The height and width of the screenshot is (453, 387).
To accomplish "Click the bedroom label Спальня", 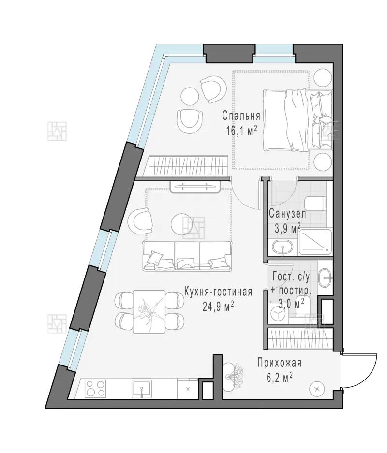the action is pyautogui.click(x=241, y=116).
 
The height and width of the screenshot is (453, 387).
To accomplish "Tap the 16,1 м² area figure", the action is pyautogui.click(x=241, y=131).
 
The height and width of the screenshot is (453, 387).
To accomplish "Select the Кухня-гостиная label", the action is pyautogui.click(x=218, y=292).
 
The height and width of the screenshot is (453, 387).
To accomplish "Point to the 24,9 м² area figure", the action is pyautogui.click(x=218, y=306).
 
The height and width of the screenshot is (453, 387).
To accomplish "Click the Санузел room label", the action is pyautogui.click(x=287, y=214).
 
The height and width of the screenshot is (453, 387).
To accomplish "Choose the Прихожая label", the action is pyautogui.click(x=280, y=363).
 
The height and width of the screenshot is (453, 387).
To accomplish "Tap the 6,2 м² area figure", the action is pyautogui.click(x=279, y=378).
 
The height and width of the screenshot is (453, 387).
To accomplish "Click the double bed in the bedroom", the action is pyautogui.click(x=298, y=120).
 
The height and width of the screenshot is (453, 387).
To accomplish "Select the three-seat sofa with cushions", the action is pyautogui.click(x=188, y=256).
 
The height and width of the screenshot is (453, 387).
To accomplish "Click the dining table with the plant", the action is pyautogui.click(x=149, y=312).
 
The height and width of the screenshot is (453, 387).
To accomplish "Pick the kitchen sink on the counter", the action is pyautogui.click(x=142, y=388).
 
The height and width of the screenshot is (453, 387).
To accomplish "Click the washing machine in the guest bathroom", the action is pyautogui.click(x=278, y=314).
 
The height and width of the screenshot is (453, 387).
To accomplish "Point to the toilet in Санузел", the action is pyautogui.click(x=315, y=204).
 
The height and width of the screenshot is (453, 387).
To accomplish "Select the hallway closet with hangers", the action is pyautogui.click(x=300, y=338).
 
